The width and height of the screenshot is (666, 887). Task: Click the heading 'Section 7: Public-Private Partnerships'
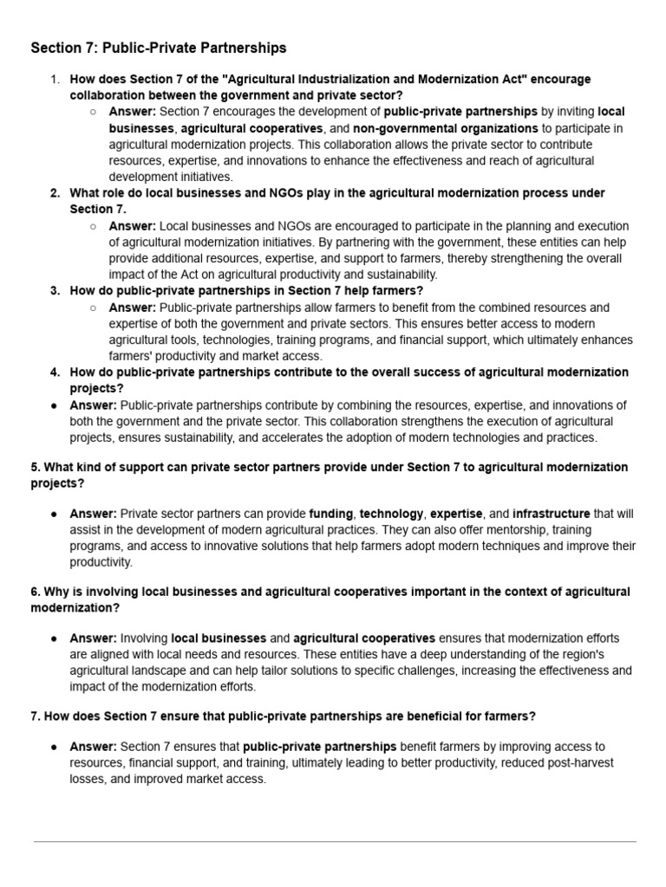coord(158,48)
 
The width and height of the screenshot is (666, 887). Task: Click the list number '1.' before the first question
coord(55,80)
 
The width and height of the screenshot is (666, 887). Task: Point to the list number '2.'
coord(55,193)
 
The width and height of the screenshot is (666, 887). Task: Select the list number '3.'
coord(55,291)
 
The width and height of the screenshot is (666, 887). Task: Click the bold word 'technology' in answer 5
coord(391,514)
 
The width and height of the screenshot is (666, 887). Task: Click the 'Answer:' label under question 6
coord(93,638)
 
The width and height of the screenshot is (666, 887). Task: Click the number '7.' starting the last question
coord(36,716)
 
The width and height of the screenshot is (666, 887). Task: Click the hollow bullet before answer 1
coord(93,113)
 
